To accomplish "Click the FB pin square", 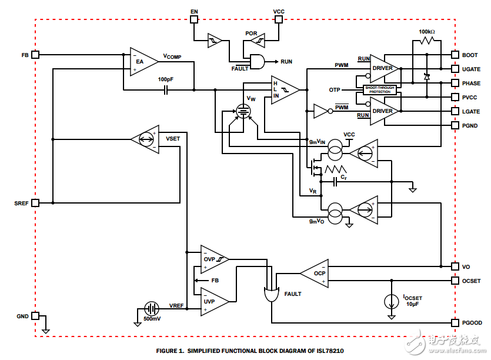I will point(35,55).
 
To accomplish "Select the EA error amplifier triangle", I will point(141,61).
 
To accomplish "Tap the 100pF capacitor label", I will point(166,79).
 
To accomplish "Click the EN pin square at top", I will point(195,19).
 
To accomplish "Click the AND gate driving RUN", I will point(257,61).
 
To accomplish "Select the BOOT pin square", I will point(455,55).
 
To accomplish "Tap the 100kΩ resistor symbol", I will point(427,41).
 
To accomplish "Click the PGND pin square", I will point(455,125).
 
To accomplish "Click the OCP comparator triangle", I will point(316,274).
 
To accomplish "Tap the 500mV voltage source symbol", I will point(152,309).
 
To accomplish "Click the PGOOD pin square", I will point(455,322).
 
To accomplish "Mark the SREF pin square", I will point(35,203).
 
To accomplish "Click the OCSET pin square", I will point(455,281).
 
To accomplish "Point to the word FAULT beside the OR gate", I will point(293,294).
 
